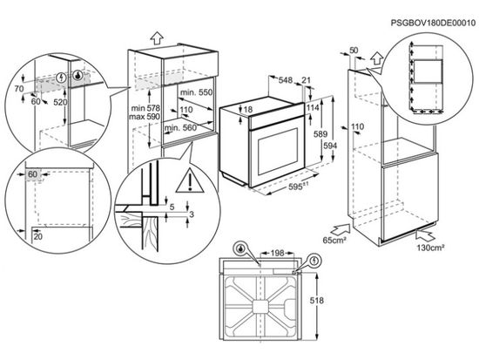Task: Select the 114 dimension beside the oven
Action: (311, 107)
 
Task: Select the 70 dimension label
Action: (19, 90)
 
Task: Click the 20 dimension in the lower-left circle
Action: (38, 236)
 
